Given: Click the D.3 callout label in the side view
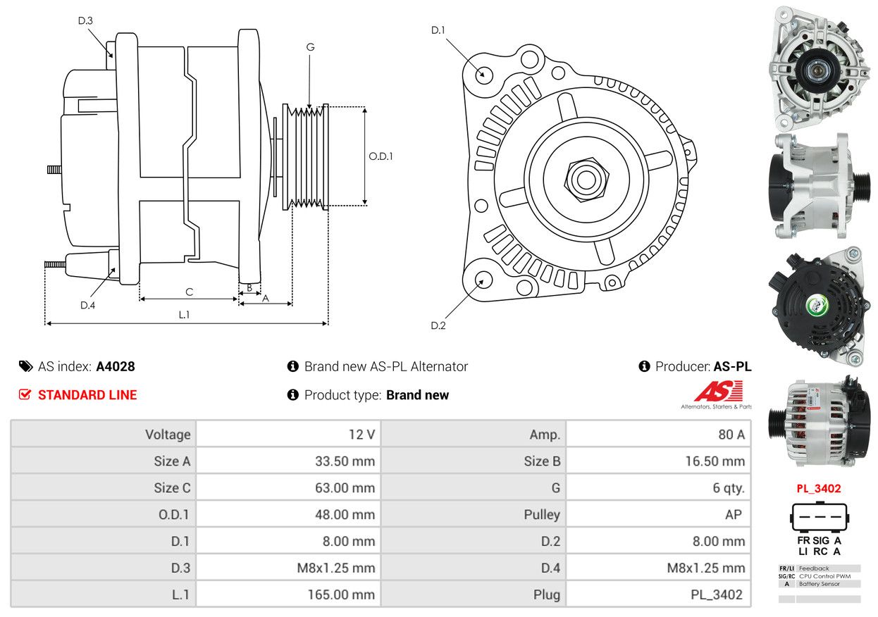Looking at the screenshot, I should click(85, 20).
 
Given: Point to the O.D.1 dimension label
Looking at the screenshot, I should click(381, 156).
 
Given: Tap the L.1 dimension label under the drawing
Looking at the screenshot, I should click(184, 315).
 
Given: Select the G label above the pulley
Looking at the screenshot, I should click(310, 47).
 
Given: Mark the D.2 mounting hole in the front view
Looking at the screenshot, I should click(483, 280).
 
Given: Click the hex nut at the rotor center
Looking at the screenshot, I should click(583, 178).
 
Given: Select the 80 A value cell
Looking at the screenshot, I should click(659, 435).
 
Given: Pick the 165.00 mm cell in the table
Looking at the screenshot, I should click(288, 594).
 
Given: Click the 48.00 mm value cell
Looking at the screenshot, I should click(288, 515).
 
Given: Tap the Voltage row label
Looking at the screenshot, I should click(104, 435).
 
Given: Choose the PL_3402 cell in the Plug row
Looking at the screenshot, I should click(659, 594).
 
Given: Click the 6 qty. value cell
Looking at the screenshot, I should click(659, 488).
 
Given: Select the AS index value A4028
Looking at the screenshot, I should click(116, 366).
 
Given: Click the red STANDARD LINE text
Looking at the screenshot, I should click(87, 395).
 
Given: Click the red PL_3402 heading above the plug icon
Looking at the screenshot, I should click(819, 488).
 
